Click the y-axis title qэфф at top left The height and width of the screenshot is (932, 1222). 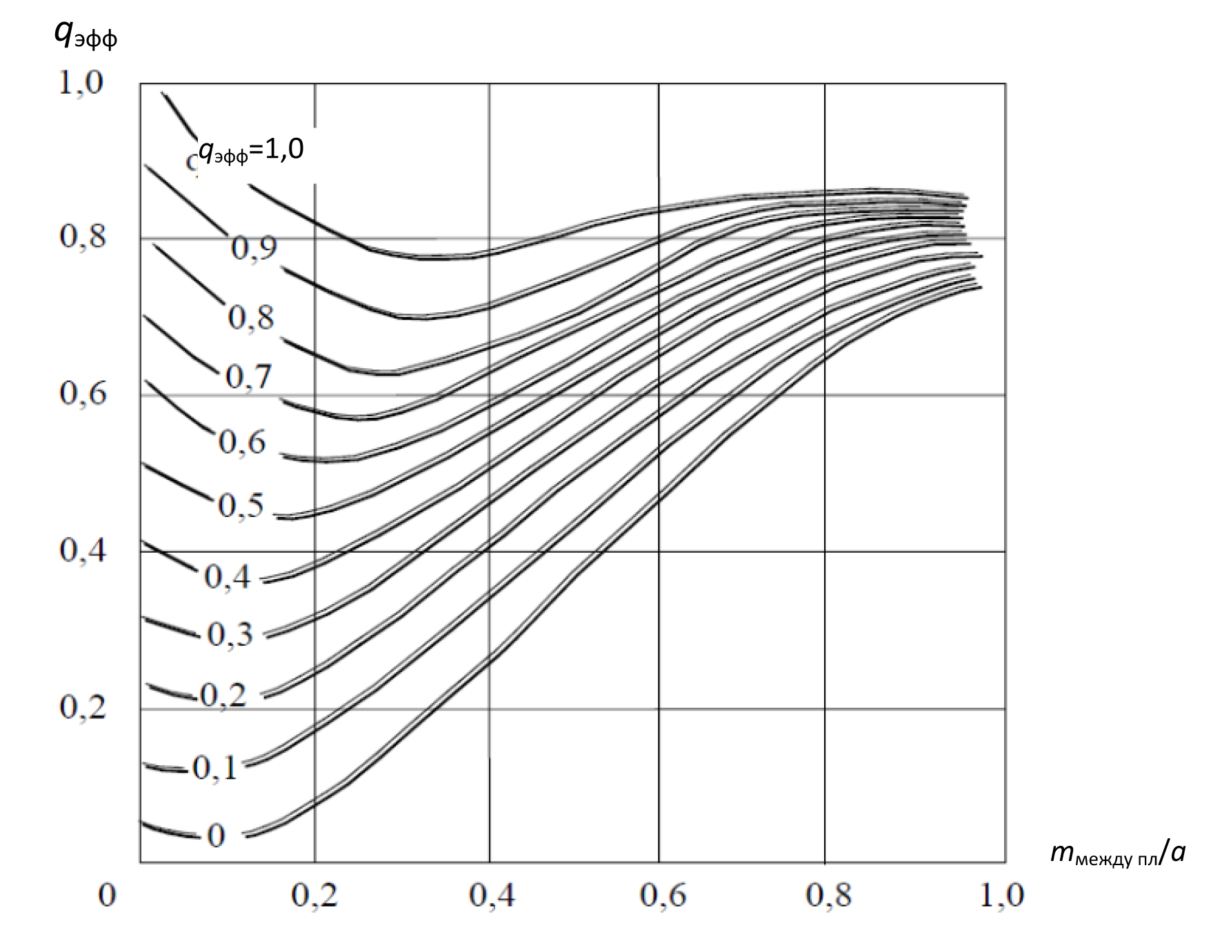click(x=85, y=34)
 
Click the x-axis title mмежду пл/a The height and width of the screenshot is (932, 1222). click(x=1117, y=853)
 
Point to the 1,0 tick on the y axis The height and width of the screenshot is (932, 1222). click(x=81, y=82)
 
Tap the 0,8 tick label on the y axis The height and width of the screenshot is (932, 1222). click(x=83, y=236)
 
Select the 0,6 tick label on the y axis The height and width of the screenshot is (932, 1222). click(x=83, y=393)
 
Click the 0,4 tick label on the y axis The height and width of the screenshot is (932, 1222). click(x=83, y=550)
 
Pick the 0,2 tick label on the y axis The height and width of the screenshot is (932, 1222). click(x=83, y=707)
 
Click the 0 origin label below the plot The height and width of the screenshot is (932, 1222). click(x=107, y=895)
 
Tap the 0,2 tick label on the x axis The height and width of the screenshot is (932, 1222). click(x=314, y=895)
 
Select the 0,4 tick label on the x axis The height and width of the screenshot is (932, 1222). click(x=492, y=895)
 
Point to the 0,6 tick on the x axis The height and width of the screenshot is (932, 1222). click(x=663, y=895)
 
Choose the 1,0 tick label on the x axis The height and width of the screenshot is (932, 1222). click(x=1002, y=895)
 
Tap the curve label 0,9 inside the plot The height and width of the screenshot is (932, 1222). click(x=254, y=248)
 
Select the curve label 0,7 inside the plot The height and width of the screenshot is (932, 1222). click(x=249, y=377)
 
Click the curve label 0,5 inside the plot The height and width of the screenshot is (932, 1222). click(x=241, y=505)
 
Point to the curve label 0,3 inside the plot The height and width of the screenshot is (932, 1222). click(x=230, y=634)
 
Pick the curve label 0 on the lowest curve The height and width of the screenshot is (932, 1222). click(x=216, y=835)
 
